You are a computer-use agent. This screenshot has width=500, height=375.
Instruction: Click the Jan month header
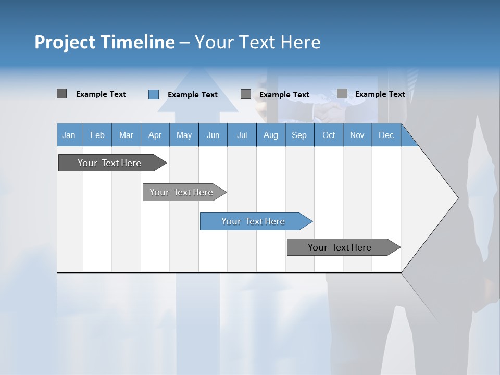tap(69, 135)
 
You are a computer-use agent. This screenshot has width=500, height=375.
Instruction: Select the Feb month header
tap(97, 135)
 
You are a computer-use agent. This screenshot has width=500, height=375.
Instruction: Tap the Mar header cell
tap(126, 135)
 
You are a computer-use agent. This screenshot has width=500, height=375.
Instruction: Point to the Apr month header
tap(155, 135)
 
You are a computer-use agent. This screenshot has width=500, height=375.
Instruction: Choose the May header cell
tap(184, 135)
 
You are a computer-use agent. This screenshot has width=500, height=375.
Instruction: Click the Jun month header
tap(213, 135)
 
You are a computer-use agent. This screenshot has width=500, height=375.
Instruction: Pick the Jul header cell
tap(242, 135)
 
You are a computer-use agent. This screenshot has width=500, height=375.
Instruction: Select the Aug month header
tap(271, 135)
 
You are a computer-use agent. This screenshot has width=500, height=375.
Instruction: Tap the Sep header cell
tap(299, 135)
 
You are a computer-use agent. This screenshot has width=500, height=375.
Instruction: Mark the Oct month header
tap(329, 135)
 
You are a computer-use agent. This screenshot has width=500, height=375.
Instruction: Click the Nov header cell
tap(357, 135)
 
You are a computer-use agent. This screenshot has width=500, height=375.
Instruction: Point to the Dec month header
tap(386, 135)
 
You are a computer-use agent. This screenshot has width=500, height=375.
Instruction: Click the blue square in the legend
tap(153, 94)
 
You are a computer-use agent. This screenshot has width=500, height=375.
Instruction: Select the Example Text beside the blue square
tap(193, 95)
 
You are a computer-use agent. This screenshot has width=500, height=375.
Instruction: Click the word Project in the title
tap(65, 42)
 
